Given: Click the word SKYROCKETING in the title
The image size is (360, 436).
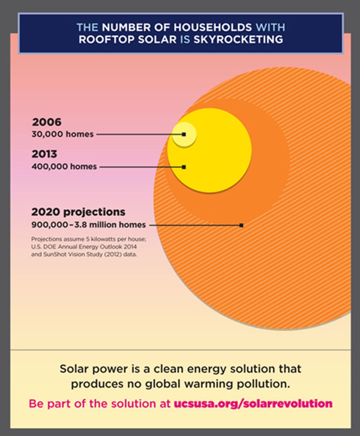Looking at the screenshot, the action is [238, 39].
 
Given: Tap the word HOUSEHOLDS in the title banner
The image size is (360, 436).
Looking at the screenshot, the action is [213, 27].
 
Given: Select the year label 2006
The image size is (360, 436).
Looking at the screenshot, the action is [47, 122].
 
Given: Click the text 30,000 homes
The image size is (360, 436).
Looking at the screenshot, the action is [62, 134].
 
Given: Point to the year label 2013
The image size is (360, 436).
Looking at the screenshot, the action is [44, 154].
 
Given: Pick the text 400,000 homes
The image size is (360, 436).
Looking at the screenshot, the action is [64, 166].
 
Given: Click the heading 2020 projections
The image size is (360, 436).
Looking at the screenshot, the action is [78, 212].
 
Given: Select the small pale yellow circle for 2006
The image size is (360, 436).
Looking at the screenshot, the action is [184, 134].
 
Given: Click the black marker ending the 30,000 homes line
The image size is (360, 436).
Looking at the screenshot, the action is [184, 134].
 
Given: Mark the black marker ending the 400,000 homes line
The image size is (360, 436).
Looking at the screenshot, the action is [184, 167].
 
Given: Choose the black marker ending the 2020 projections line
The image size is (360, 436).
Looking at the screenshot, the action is [241, 225].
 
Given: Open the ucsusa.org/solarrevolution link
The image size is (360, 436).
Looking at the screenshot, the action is [253, 404].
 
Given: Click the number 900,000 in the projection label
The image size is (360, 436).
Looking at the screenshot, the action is [50, 224].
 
